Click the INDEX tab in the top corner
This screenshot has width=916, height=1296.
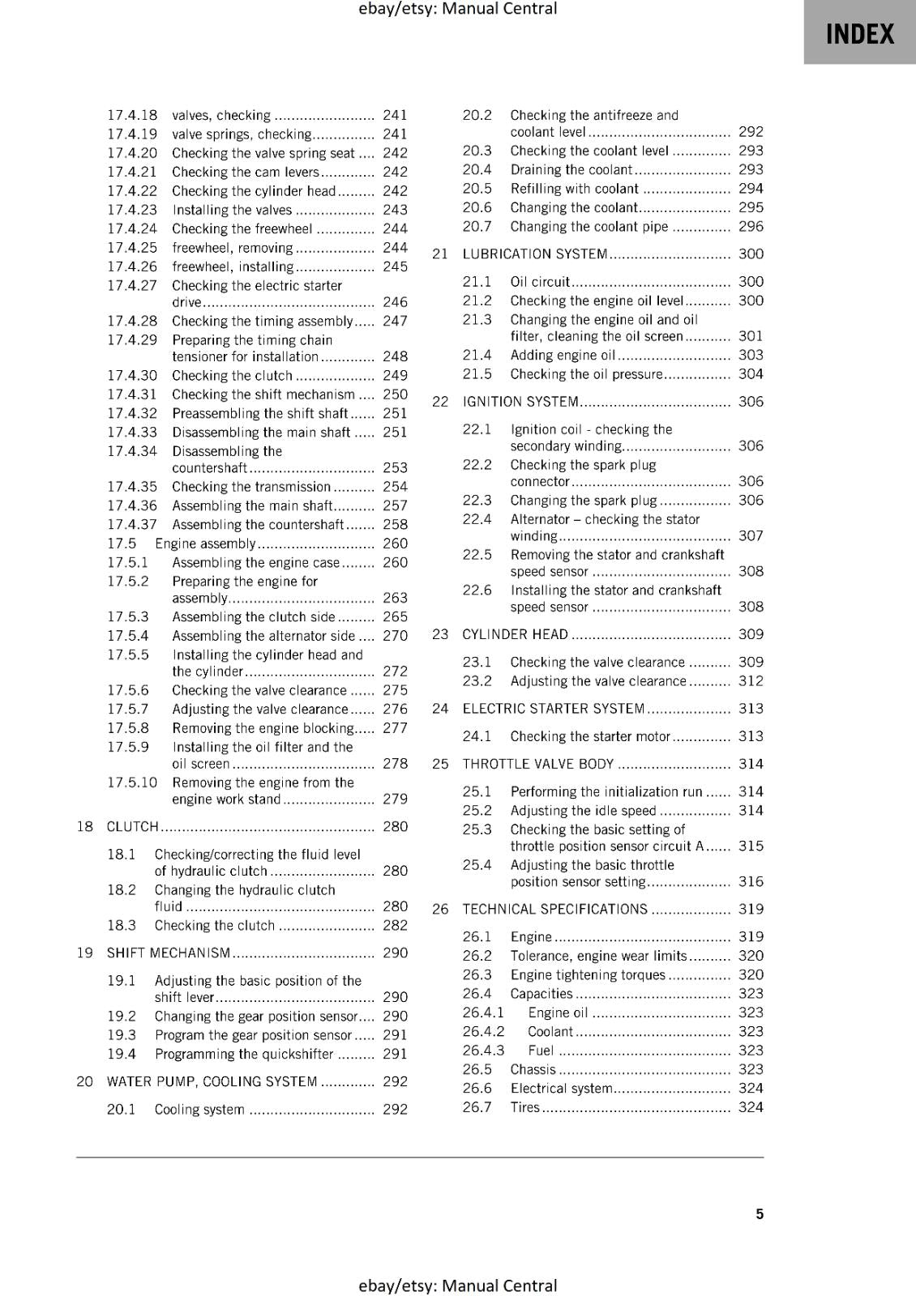click(859, 34)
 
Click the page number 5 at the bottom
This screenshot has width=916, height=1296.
click(760, 1213)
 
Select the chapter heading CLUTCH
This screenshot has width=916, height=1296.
click(133, 826)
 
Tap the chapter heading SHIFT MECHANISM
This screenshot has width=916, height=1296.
click(169, 953)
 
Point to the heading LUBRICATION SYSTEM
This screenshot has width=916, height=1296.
click(535, 254)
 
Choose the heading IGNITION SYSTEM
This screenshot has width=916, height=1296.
click(520, 402)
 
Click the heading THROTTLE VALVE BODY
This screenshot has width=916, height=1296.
click(538, 764)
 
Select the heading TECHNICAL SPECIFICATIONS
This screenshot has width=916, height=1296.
click(555, 909)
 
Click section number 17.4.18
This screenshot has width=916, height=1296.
click(132, 115)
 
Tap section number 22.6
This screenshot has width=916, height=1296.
click(477, 590)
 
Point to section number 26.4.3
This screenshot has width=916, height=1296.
click(483, 1051)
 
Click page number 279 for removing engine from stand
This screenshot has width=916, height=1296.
click(395, 799)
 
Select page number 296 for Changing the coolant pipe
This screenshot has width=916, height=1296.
click(751, 227)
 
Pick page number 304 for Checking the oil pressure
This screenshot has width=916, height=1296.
click(751, 374)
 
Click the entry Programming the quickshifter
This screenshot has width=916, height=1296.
click(244, 1054)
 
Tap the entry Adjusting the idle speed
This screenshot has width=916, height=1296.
click(583, 811)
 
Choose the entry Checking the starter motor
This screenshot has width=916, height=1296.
click(590, 736)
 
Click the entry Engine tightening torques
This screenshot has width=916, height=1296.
click(588, 974)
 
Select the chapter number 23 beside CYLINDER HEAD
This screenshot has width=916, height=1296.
click(440, 634)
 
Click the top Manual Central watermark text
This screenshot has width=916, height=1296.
click(457, 9)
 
